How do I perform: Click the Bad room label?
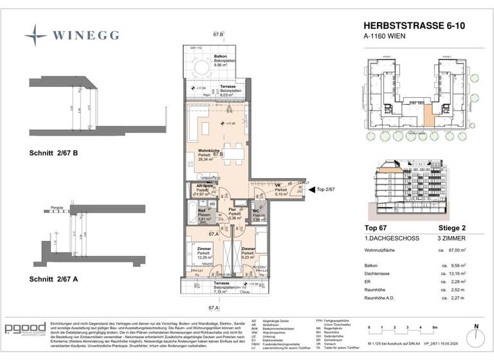201,210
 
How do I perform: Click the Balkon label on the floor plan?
202,57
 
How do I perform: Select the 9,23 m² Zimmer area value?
248,257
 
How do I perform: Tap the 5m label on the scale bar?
434,327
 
